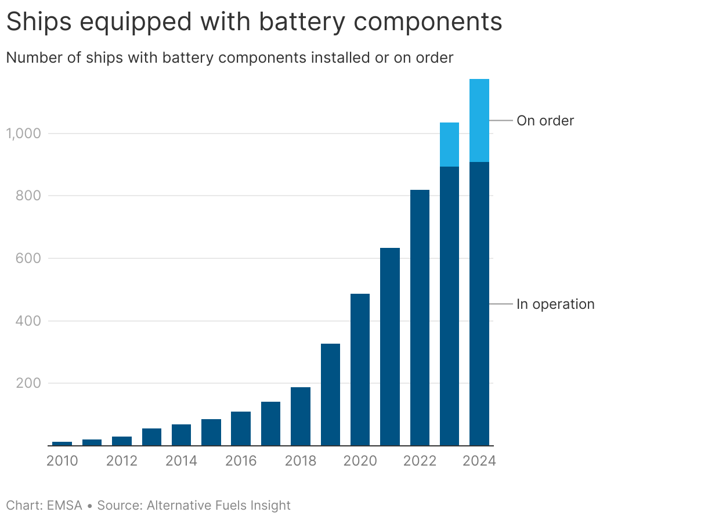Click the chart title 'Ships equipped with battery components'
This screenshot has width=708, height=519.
(254, 22)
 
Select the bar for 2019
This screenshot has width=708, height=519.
(330, 394)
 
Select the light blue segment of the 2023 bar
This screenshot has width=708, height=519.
(449, 145)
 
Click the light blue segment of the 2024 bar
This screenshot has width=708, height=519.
(479, 120)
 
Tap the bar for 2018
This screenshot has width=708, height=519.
(301, 416)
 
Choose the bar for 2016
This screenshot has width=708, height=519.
(241, 428)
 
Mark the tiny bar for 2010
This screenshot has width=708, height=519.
(62, 444)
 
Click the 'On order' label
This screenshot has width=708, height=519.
(545, 121)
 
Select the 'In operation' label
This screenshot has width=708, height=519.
(555, 304)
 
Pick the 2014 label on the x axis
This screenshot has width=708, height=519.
(181, 461)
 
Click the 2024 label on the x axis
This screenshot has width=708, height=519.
(479, 461)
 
